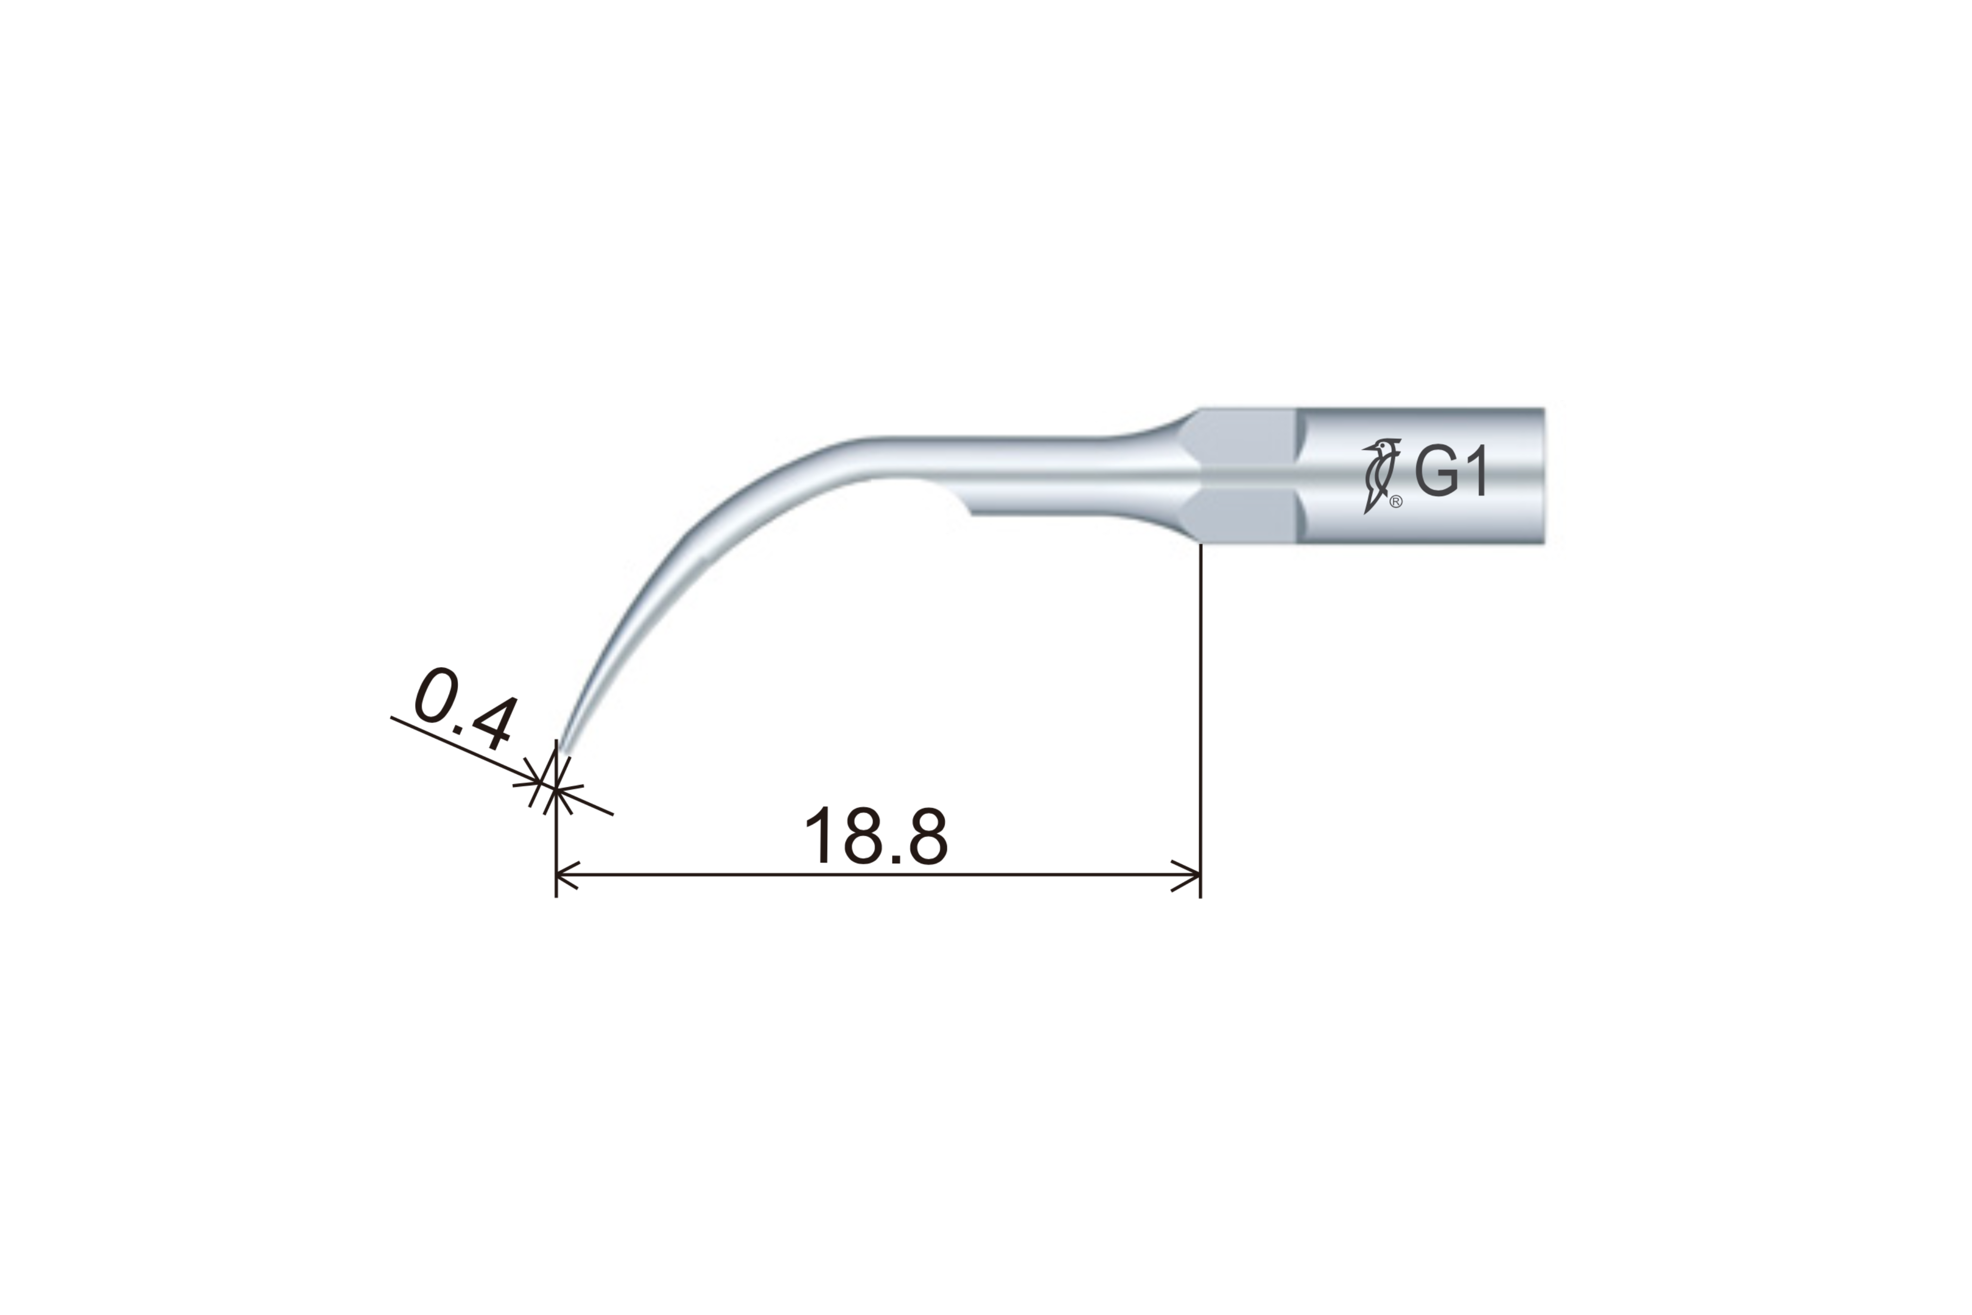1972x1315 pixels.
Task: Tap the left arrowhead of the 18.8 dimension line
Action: (x=568, y=875)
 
